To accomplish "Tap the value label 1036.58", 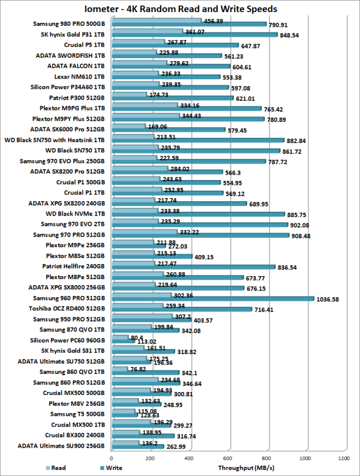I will (332, 299).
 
